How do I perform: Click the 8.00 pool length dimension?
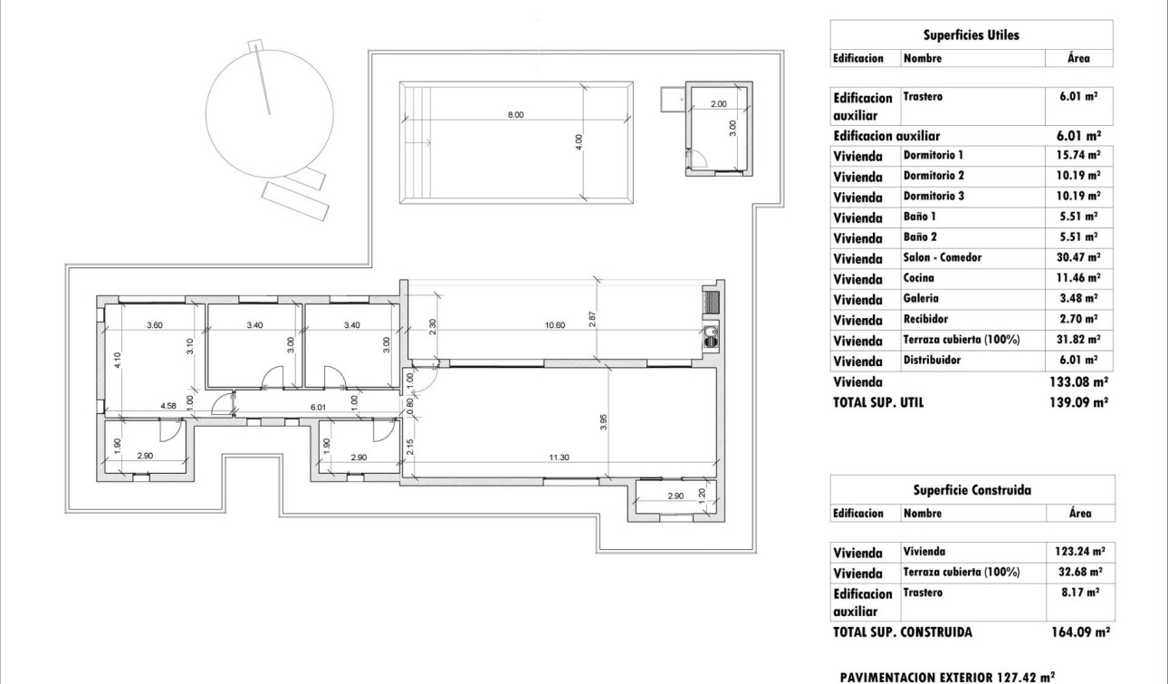click(x=516, y=115)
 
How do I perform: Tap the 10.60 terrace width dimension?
click(x=556, y=324)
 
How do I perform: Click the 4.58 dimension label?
click(x=168, y=407)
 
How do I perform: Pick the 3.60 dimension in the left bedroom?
click(x=155, y=324)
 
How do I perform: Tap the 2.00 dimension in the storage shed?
click(x=718, y=104)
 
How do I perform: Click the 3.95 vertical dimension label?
click(x=603, y=421)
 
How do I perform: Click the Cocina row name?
click(x=919, y=278)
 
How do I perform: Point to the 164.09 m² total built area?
click(x=1080, y=632)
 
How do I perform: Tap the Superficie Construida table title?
click(x=971, y=490)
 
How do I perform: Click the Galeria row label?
click(x=921, y=298)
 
